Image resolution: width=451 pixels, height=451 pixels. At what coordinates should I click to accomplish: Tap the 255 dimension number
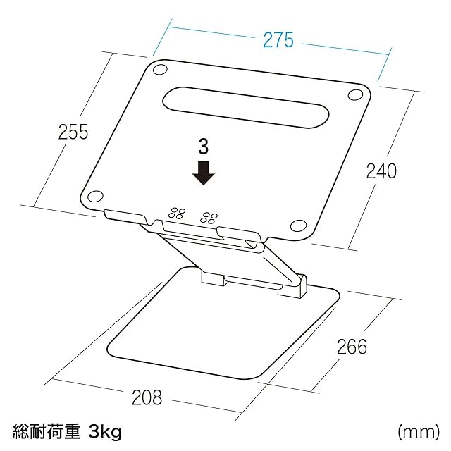[73, 132]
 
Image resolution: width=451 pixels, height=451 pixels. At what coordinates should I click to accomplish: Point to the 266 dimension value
[352, 347]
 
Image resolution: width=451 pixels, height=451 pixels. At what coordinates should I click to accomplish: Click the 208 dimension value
[147, 397]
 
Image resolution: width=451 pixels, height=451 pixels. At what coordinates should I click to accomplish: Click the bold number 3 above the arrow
[204, 147]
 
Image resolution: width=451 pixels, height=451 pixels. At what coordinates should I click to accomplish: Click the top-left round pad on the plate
[160, 70]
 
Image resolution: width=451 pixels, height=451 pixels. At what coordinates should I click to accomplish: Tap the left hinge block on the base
[211, 276]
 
